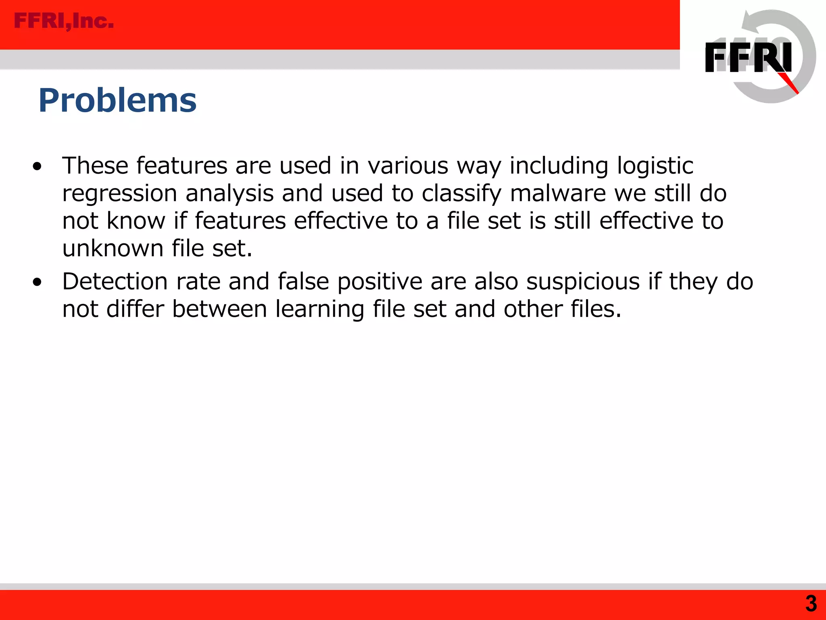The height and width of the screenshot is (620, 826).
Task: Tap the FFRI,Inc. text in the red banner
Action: click(x=64, y=21)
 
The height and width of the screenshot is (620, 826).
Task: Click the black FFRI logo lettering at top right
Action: click(x=748, y=58)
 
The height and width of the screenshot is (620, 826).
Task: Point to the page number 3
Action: click(x=811, y=603)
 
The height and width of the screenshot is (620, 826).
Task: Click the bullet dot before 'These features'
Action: click(x=38, y=166)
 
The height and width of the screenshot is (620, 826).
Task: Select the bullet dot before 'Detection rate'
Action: click(x=38, y=282)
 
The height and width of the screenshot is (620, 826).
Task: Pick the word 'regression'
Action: click(x=119, y=194)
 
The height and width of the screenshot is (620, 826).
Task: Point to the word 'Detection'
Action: click(x=115, y=281)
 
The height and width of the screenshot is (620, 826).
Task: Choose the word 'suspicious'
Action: click(x=583, y=282)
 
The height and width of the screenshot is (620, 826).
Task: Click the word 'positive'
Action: click(x=380, y=282)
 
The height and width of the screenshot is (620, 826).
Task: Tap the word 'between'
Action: click(x=220, y=309)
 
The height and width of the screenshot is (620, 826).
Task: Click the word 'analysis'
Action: click(x=229, y=194)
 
